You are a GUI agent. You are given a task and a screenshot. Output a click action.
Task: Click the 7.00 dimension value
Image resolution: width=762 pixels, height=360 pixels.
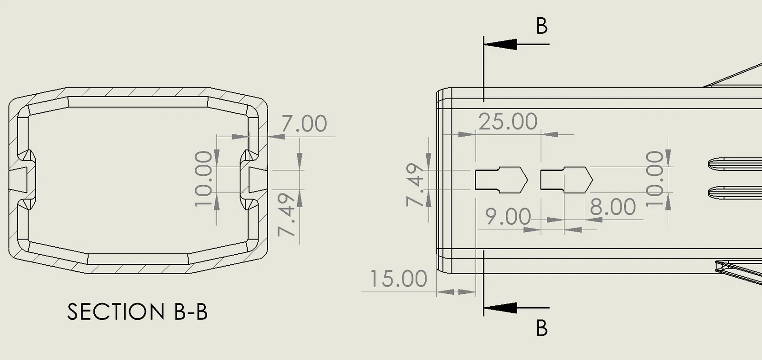(x=304, y=123)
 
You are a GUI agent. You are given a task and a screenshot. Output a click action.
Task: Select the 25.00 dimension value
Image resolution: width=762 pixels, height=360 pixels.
(x=508, y=121)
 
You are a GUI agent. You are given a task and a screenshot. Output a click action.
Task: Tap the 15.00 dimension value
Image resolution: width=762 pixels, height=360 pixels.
(x=398, y=279)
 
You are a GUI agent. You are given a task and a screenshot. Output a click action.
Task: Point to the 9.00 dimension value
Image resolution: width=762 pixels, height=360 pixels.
(x=508, y=216)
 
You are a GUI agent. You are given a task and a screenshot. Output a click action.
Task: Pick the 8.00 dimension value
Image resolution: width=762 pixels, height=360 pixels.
(x=612, y=207)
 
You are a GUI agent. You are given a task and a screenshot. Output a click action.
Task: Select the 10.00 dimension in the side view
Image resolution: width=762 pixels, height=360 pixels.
(x=654, y=179)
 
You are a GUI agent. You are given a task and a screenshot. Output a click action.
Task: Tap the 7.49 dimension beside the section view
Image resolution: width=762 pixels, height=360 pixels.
(x=286, y=215)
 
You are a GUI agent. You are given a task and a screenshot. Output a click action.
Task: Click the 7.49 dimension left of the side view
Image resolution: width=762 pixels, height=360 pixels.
(x=415, y=185)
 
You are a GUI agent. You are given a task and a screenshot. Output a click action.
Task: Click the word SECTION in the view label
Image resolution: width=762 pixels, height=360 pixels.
(x=111, y=312)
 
